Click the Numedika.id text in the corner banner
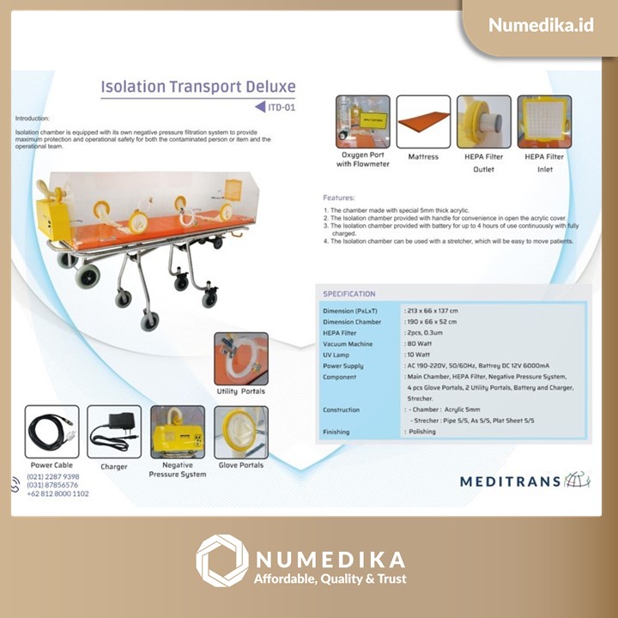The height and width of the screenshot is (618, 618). tap(541, 25)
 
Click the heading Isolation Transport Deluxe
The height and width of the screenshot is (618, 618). tap(198, 87)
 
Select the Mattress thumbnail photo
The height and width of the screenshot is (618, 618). tap(423, 122)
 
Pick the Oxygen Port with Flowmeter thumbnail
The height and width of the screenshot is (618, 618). tap(362, 122)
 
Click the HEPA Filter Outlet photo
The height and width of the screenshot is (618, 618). tap(483, 122)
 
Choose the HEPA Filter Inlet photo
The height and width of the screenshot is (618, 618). tap(544, 122)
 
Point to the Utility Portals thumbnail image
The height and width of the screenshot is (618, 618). tap(240, 359)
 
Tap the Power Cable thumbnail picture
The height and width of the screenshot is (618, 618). tap(52, 432)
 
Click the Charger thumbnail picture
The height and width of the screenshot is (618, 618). tap(114, 432)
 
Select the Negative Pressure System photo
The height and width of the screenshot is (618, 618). tap(178, 432)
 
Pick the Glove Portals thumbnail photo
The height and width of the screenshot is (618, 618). tap(240, 432)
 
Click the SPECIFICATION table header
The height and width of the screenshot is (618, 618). tap(349, 294)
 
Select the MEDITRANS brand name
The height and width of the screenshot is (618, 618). tap(510, 482)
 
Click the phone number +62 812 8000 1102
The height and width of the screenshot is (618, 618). tap(58, 494)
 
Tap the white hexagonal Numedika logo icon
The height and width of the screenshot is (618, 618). tap(221, 560)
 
